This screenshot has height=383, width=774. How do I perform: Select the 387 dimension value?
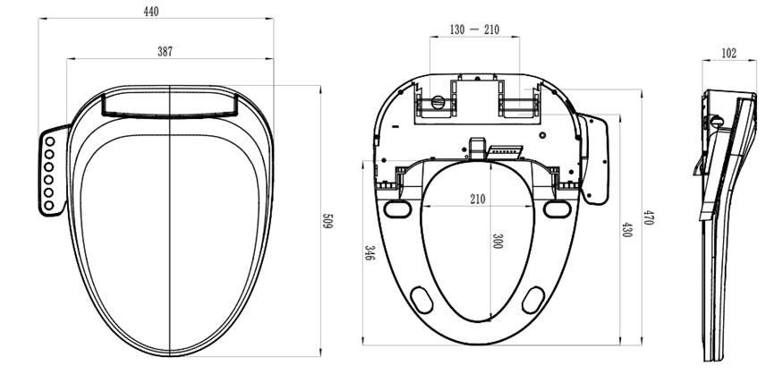tap(165, 52)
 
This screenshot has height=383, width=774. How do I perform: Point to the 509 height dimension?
tap(328, 221)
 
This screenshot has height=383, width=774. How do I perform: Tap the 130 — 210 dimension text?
tap(474, 30)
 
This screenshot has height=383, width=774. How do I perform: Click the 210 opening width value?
tap(478, 199)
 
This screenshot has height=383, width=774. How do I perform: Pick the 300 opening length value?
tap(497, 242)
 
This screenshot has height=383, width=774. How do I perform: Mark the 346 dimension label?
tap(369, 253)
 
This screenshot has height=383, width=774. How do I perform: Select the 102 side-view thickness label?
tap(728, 54)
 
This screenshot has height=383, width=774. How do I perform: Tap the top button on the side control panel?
tap(50, 141)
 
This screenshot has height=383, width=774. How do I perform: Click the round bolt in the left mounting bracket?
tap(438, 102)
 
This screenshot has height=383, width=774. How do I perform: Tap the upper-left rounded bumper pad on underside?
tap(395, 209)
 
